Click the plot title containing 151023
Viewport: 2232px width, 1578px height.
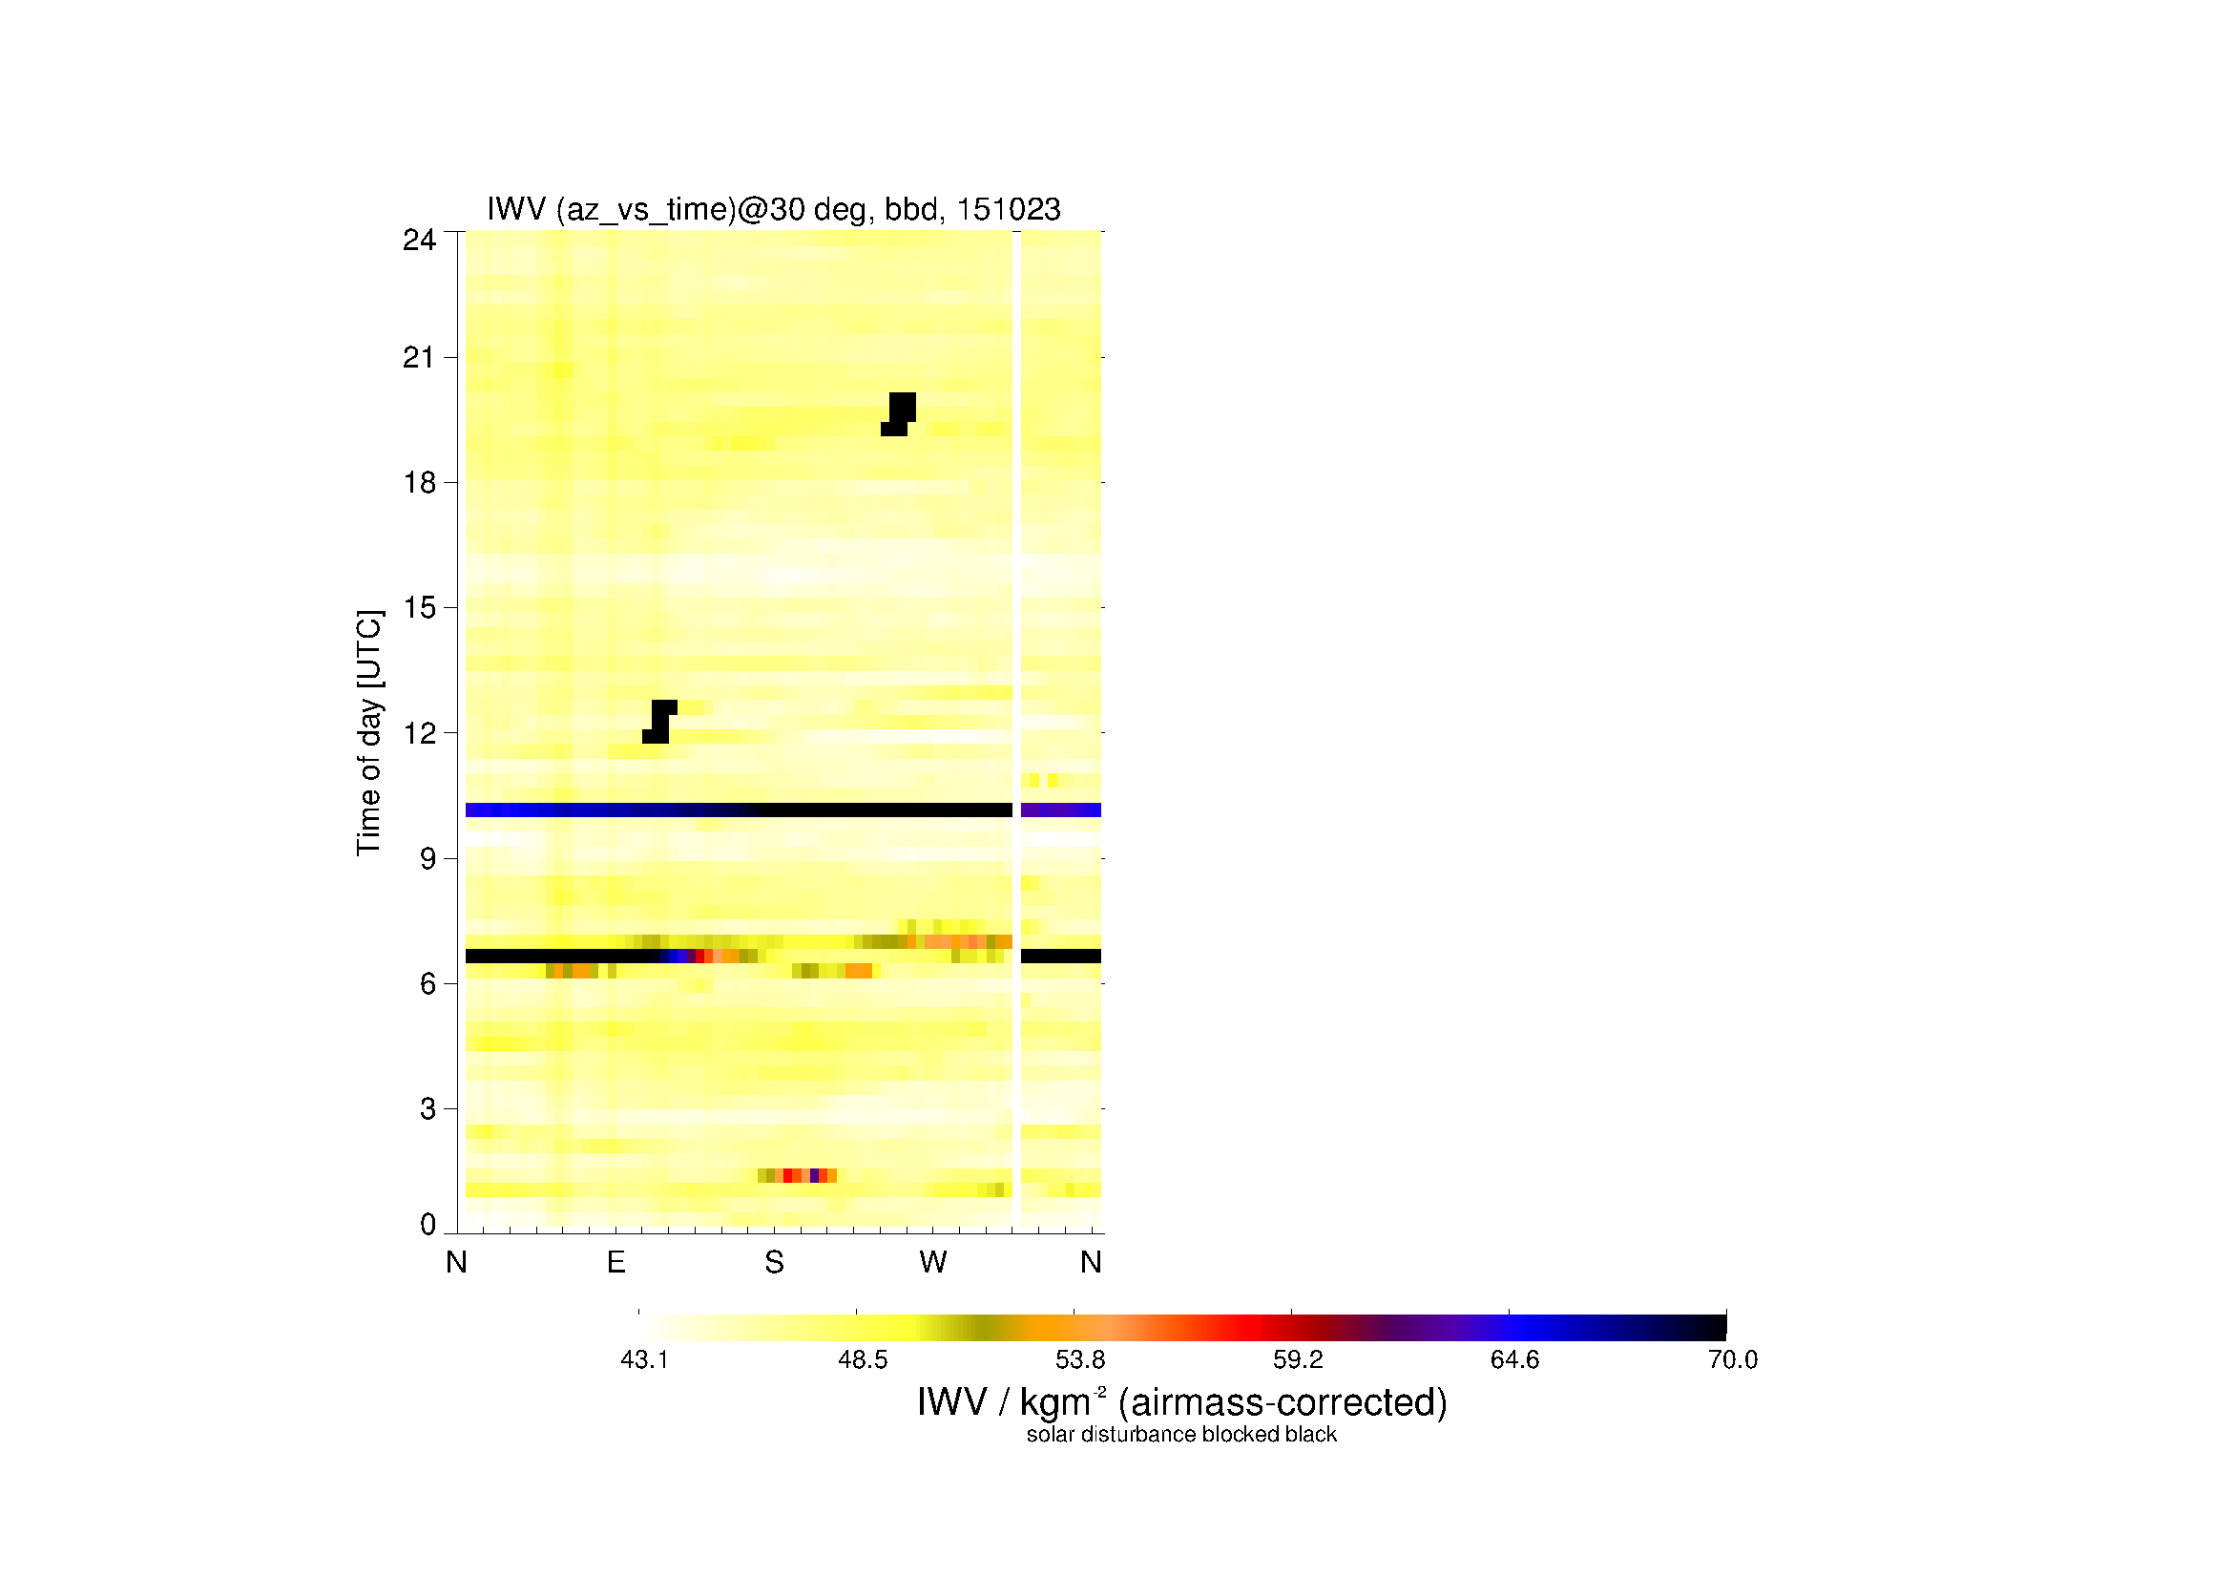click(774, 209)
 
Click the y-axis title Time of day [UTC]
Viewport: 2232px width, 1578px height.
click(369, 732)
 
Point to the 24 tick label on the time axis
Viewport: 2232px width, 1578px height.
click(419, 241)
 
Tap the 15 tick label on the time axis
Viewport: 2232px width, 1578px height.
click(420, 608)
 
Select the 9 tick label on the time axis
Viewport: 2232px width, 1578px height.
click(428, 858)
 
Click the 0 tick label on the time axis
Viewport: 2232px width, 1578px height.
click(428, 1224)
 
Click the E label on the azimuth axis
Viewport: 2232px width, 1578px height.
click(615, 1262)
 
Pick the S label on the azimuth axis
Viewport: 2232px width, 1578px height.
click(774, 1262)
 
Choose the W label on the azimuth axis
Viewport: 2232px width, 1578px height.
click(932, 1262)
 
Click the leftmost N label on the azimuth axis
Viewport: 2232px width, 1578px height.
click(457, 1262)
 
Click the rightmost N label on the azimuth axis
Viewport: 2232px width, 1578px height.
click(1091, 1262)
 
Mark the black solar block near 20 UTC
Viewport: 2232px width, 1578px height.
click(898, 414)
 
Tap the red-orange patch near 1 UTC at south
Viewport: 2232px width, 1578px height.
click(797, 1175)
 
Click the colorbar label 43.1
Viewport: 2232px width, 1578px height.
click(644, 1359)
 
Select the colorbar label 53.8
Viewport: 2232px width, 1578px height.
click(1080, 1359)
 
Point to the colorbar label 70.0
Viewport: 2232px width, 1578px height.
click(1732, 1359)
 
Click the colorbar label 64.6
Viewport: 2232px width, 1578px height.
click(1514, 1359)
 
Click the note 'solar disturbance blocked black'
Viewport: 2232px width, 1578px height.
click(1181, 1434)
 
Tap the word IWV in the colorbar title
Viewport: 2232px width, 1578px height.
click(950, 1402)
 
